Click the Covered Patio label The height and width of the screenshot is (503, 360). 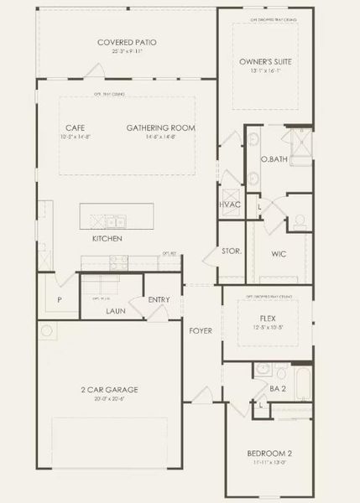click(x=127, y=42)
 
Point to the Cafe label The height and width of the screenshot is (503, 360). click(x=76, y=127)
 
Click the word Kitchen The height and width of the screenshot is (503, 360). click(x=107, y=239)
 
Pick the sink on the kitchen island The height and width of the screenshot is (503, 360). click(x=115, y=221)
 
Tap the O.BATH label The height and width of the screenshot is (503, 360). click(x=270, y=158)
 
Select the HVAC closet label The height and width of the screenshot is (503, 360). click(x=230, y=205)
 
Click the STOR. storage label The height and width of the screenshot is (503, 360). click(x=232, y=251)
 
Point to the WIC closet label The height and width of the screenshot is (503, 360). click(x=279, y=254)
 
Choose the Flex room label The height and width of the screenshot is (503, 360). click(x=268, y=319)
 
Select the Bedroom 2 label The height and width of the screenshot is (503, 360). click(x=270, y=453)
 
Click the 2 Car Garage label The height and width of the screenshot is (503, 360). click(x=110, y=389)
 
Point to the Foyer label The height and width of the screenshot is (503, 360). click(x=201, y=330)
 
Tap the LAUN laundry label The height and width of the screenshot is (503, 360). click(x=116, y=310)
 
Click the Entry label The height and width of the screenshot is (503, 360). click(x=159, y=299)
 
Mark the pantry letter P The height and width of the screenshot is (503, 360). click(x=60, y=298)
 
